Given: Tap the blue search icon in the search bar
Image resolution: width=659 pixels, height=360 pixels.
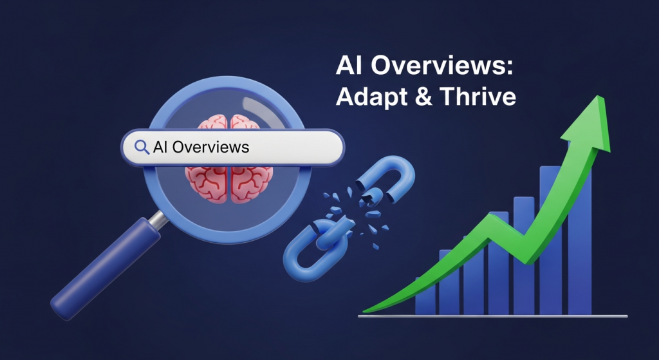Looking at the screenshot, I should tap(141, 147).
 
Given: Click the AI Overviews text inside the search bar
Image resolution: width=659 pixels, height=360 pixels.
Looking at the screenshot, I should tap(201, 147).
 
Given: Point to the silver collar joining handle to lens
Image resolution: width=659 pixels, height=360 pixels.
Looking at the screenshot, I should tap(156, 221).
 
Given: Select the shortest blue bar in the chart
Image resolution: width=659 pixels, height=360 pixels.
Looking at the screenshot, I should tap(425, 296).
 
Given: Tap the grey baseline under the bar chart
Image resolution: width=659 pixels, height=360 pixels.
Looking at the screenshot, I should tap(492, 316).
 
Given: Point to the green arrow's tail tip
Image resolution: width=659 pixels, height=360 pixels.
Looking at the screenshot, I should tap(367, 310).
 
